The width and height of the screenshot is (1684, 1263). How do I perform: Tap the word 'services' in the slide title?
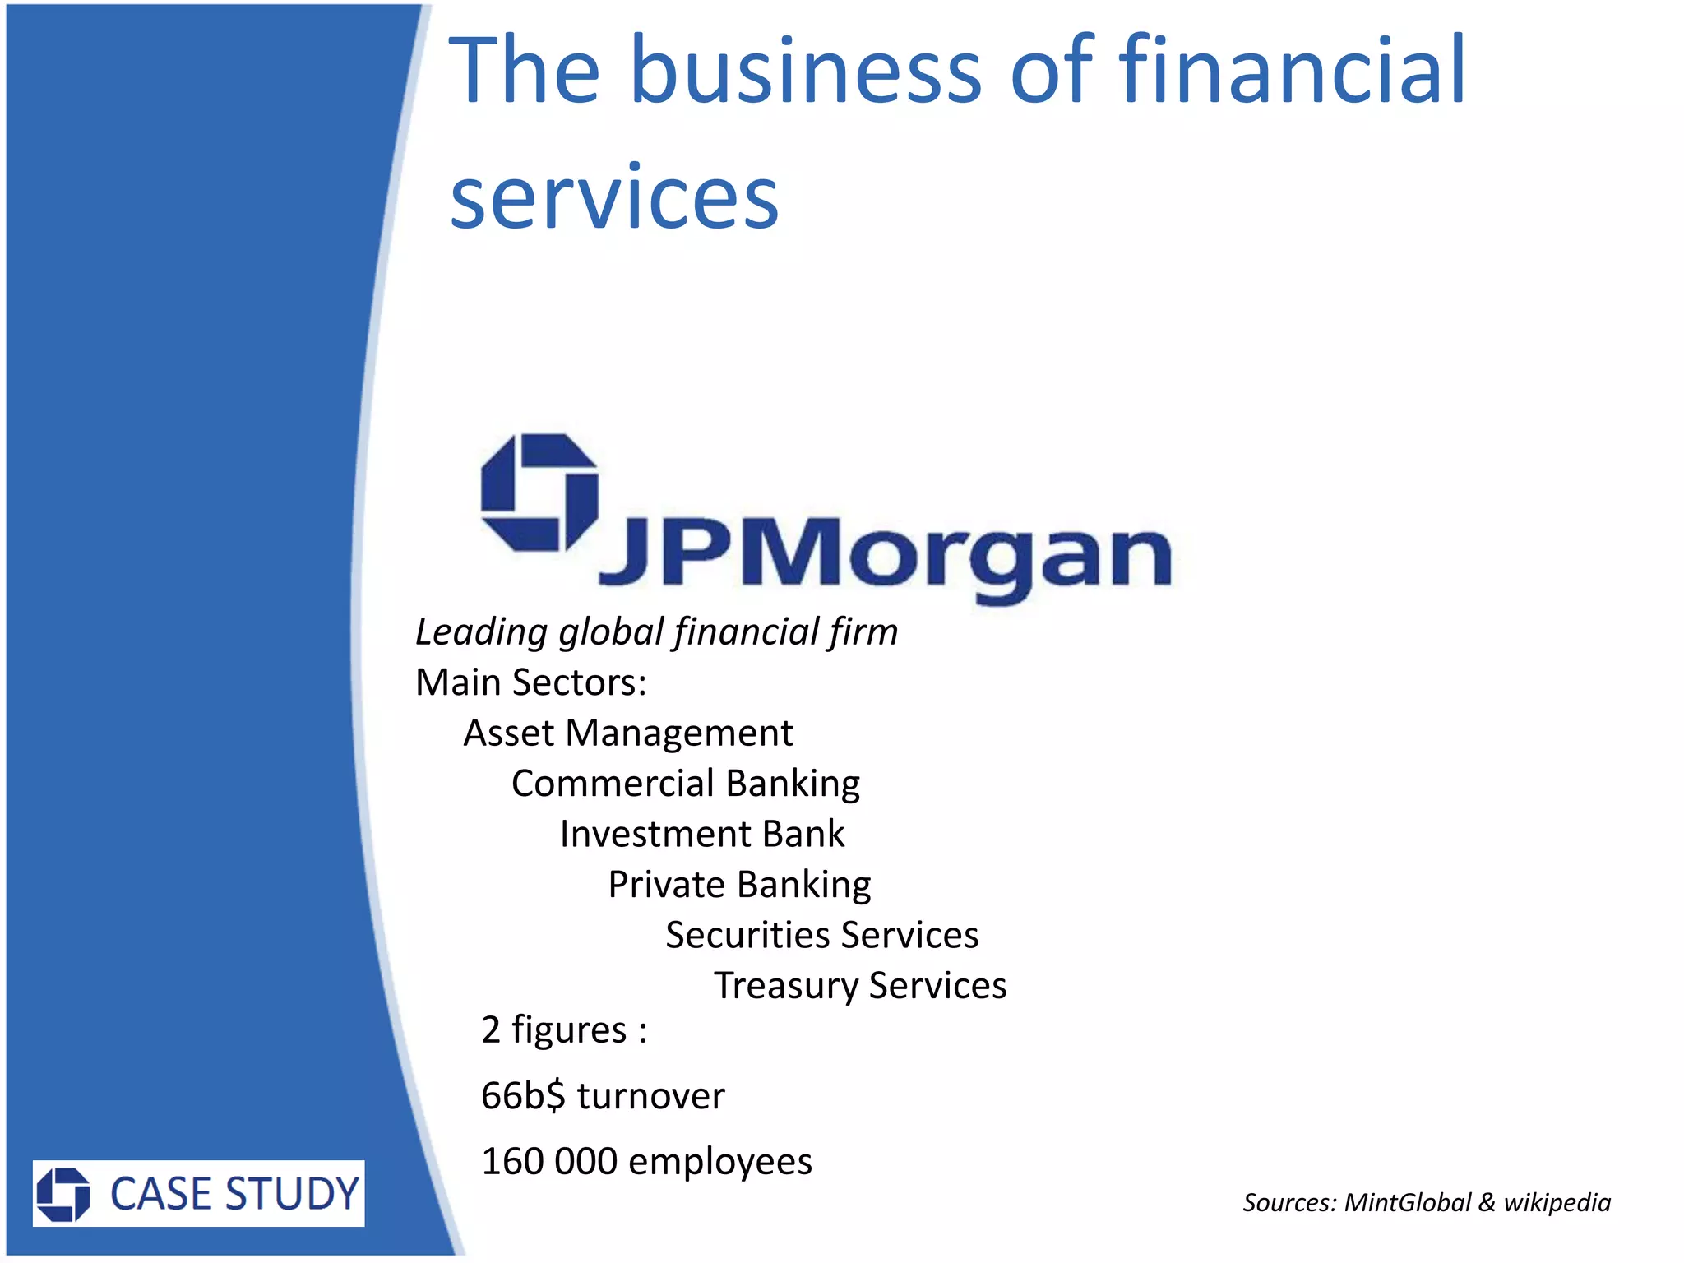(613, 197)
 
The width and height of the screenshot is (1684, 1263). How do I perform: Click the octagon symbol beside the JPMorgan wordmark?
(539, 493)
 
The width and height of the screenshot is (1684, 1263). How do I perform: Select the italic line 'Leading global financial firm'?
(656, 632)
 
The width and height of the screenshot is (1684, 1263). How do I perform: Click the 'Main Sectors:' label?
(531, 682)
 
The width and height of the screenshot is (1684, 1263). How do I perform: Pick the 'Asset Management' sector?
(628, 733)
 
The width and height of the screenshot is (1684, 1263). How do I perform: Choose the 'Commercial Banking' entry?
(686, 784)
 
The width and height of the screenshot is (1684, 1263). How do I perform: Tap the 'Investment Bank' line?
(702, 834)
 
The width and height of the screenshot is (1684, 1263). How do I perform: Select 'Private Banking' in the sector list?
(739, 885)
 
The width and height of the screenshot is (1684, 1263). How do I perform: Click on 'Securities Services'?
(822, 935)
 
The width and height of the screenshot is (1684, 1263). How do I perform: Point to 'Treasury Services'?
(860, 986)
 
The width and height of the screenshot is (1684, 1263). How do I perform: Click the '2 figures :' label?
(564, 1030)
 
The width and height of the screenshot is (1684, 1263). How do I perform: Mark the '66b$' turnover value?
(523, 1096)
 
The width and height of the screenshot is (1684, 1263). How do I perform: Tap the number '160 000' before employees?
(549, 1162)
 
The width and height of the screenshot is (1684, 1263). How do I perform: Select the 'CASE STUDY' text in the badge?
(235, 1194)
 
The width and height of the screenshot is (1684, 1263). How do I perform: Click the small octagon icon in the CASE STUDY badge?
(63, 1194)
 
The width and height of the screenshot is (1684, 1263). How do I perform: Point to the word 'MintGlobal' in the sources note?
(1408, 1203)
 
